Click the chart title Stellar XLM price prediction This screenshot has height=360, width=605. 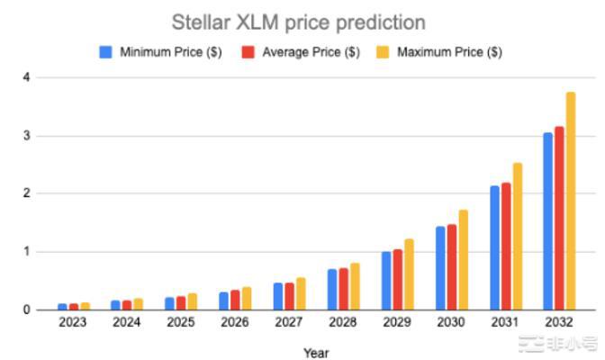click(x=299, y=22)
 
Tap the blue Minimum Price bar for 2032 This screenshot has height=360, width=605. click(x=547, y=221)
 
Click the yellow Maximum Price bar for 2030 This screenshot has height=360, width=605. click(x=464, y=260)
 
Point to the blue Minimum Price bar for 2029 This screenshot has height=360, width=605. click(x=386, y=281)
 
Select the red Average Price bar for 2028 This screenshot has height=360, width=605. click(x=343, y=289)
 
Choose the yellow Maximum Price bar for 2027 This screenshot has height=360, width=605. click(x=301, y=293)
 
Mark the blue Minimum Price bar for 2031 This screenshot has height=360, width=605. click(x=494, y=247)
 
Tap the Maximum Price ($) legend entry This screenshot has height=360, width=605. click(x=442, y=52)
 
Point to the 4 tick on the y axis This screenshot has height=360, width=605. click(x=28, y=78)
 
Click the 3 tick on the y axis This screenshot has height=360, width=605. click(x=28, y=136)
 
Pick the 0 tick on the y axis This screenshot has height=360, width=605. click(x=28, y=310)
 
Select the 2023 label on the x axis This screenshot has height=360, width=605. click(x=73, y=322)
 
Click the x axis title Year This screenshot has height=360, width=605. click(x=316, y=352)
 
